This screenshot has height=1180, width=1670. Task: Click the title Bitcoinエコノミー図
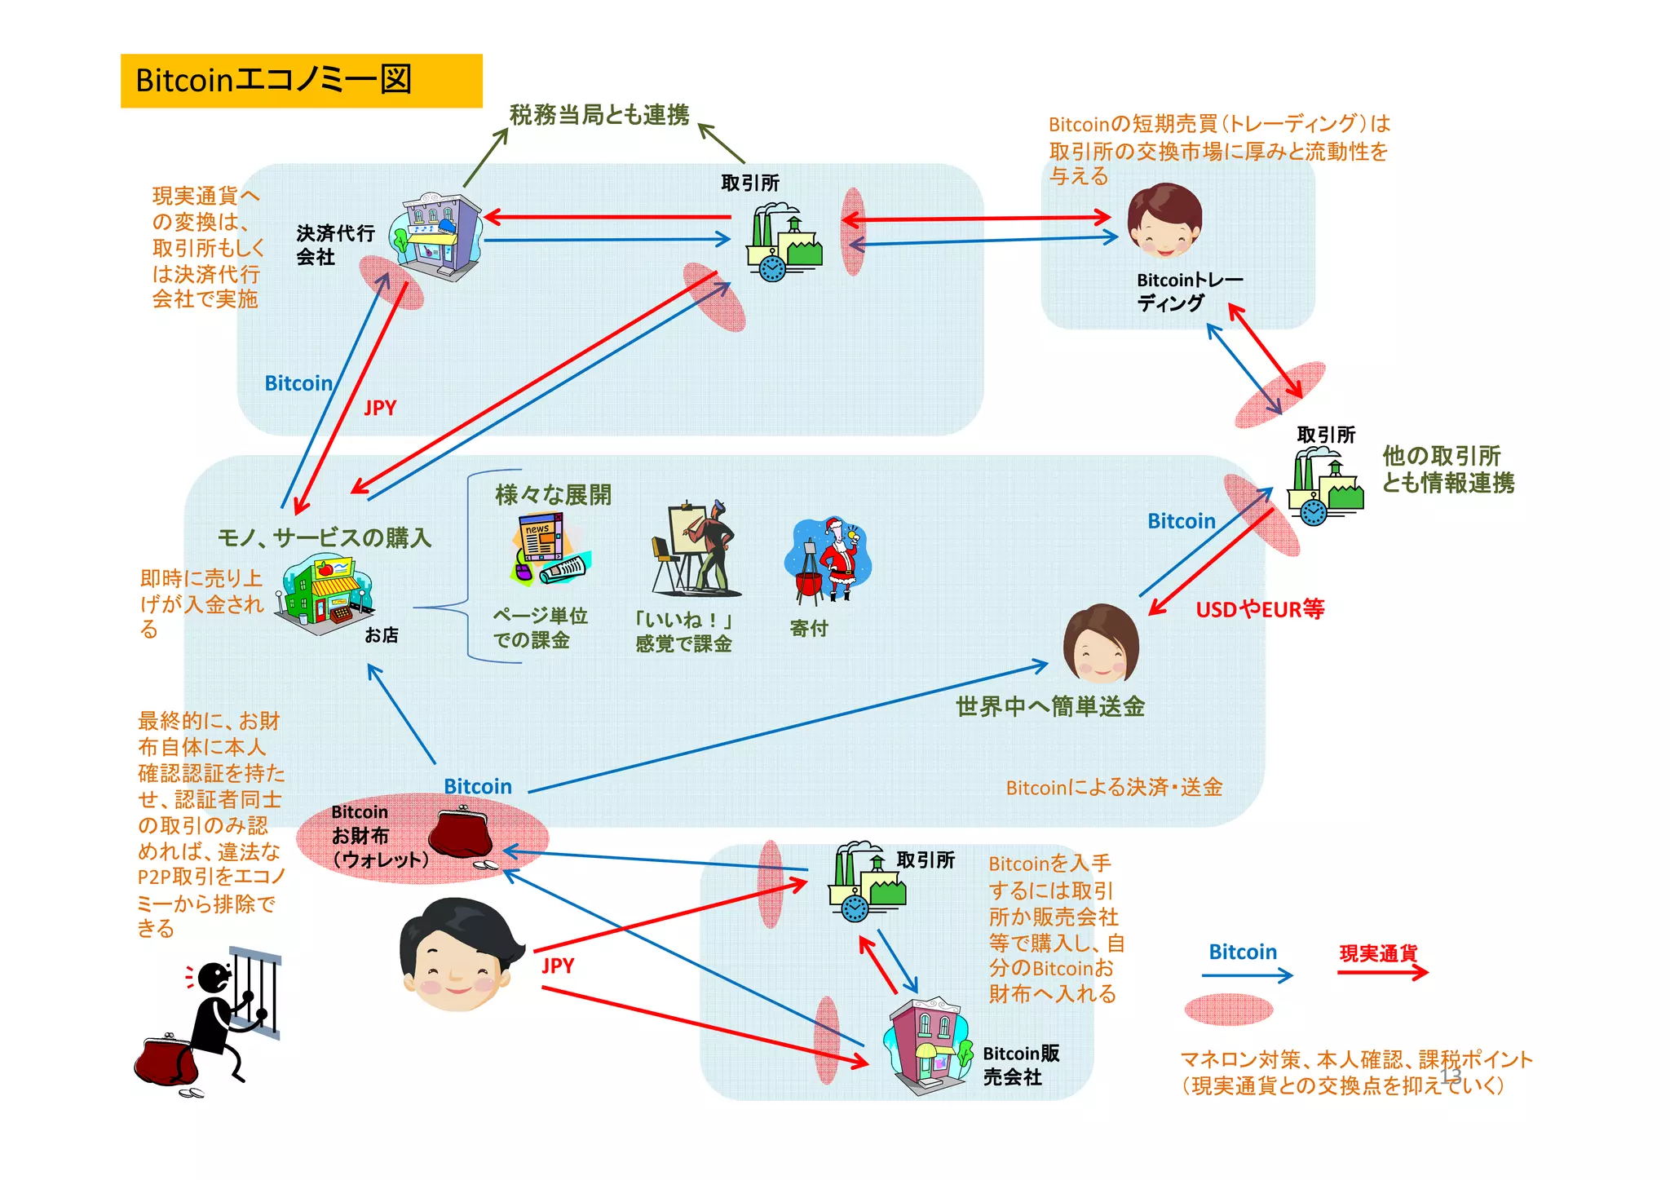[x=274, y=81]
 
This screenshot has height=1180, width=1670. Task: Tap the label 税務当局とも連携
[x=599, y=115]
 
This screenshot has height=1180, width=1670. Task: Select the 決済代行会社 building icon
[x=436, y=236]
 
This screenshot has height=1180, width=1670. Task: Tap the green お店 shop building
[x=325, y=593]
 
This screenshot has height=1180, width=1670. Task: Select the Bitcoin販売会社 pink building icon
[x=926, y=1043]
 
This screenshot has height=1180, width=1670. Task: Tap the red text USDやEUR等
[x=1260, y=609]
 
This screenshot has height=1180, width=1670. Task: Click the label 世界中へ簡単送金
[x=1050, y=706]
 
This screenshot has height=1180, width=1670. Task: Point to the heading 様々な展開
[x=553, y=495]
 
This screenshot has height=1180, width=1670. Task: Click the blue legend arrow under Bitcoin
[x=1247, y=974]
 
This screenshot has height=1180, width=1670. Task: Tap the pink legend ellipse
[x=1228, y=1009]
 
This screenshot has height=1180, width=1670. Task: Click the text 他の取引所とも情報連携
[x=1447, y=470]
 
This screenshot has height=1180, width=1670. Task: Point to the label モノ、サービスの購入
[x=325, y=537]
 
